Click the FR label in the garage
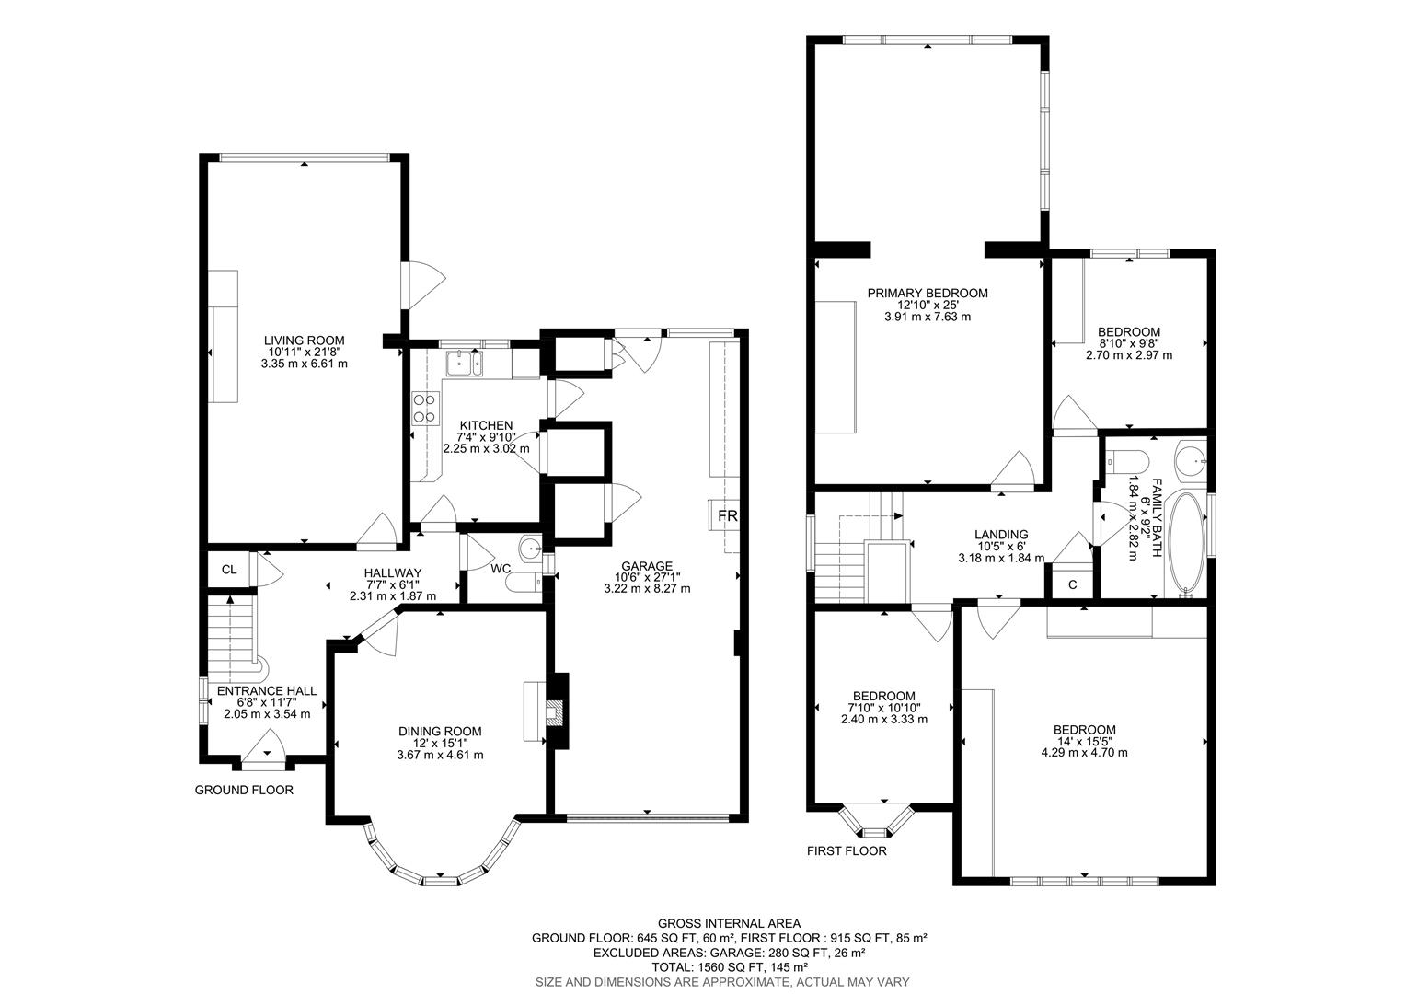(727, 515)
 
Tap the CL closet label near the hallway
(229, 570)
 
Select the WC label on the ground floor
(501, 569)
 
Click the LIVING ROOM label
(304, 341)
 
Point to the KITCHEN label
(486, 425)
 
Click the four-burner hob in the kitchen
(424, 408)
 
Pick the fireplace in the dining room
(554, 711)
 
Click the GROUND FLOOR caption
(244, 790)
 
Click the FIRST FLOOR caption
(847, 850)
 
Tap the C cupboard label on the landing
(1072, 585)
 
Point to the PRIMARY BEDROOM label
(928, 294)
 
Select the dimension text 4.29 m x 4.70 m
(1084, 752)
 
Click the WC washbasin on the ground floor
(530, 549)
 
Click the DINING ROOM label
(440, 732)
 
